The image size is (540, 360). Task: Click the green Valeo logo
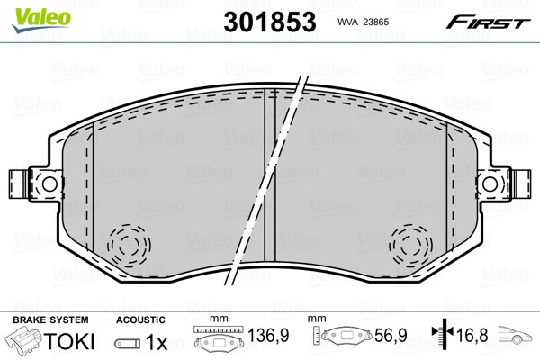pyautogui.click(x=41, y=20)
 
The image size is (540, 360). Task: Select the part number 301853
pyautogui.click(x=270, y=22)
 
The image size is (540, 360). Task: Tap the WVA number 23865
pyautogui.click(x=376, y=22)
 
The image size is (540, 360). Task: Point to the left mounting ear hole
pyautogui.click(x=49, y=184)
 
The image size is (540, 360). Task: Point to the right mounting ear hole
pyautogui.click(x=490, y=184)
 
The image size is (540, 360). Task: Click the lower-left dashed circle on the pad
pyautogui.click(x=129, y=245)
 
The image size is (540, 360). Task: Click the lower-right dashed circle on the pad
pyautogui.click(x=411, y=245)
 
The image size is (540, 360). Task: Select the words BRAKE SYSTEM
pyautogui.click(x=50, y=319)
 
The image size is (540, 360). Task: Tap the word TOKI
pyautogui.click(x=69, y=341)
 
